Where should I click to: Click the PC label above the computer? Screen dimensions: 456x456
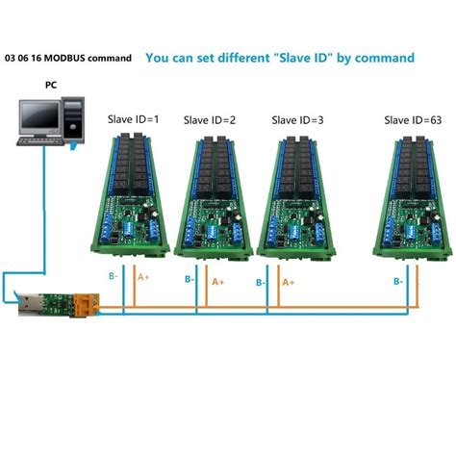tap(50, 85)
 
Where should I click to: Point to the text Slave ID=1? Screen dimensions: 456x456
tap(134, 120)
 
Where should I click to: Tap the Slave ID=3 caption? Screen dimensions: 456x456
tap(297, 120)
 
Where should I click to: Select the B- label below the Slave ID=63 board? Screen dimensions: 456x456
tap(397, 282)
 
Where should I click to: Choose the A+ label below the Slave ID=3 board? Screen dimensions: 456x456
tap(289, 282)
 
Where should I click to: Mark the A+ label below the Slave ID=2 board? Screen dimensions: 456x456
tap(218, 282)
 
